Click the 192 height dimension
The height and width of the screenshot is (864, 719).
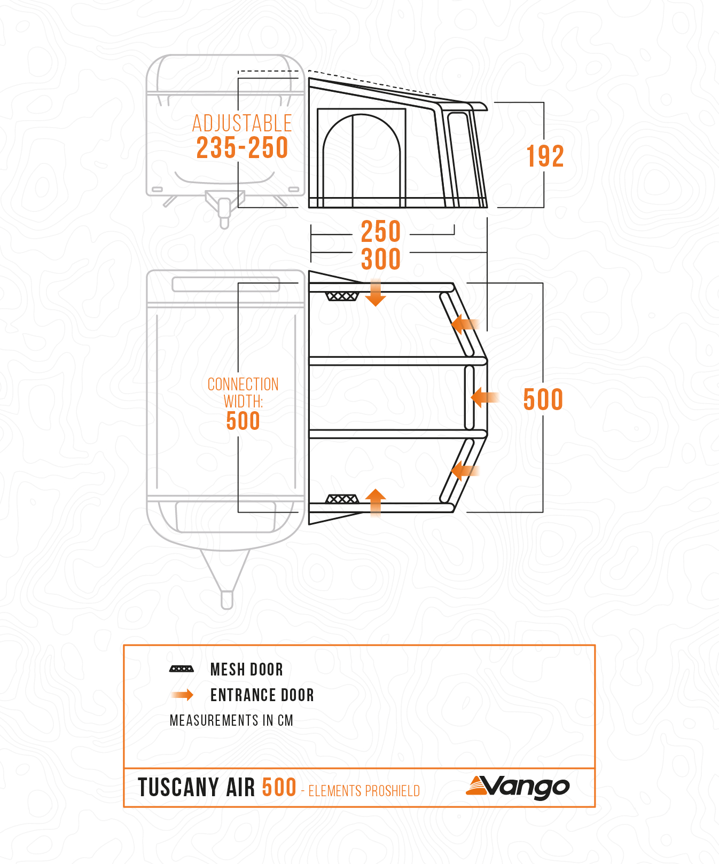pos(545,156)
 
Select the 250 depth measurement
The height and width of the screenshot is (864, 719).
pos(381,231)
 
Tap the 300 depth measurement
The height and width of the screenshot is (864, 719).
pos(381,259)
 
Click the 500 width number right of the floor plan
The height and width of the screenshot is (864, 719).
pos(543,399)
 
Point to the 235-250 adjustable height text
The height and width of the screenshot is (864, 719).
pos(243,147)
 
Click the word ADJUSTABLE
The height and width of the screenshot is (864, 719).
pos(242,123)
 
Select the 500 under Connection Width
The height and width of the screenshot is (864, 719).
pos(243,421)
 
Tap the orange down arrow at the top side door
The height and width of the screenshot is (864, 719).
pos(376,292)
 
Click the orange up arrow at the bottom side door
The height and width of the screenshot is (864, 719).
pos(376,502)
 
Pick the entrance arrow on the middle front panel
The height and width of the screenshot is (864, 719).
pos(485,397)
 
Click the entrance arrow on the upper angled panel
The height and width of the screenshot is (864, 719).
pos(465,324)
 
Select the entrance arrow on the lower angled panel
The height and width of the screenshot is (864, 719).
pos(465,470)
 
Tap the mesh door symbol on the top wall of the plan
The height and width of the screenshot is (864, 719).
pos(342,296)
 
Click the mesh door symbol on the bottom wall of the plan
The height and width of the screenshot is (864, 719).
pos(342,499)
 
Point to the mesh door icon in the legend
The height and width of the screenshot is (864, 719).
pos(182,669)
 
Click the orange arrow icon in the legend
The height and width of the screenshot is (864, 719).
pos(182,695)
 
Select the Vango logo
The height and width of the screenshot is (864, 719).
pos(518,787)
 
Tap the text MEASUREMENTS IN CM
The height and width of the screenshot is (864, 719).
pos(231,720)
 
